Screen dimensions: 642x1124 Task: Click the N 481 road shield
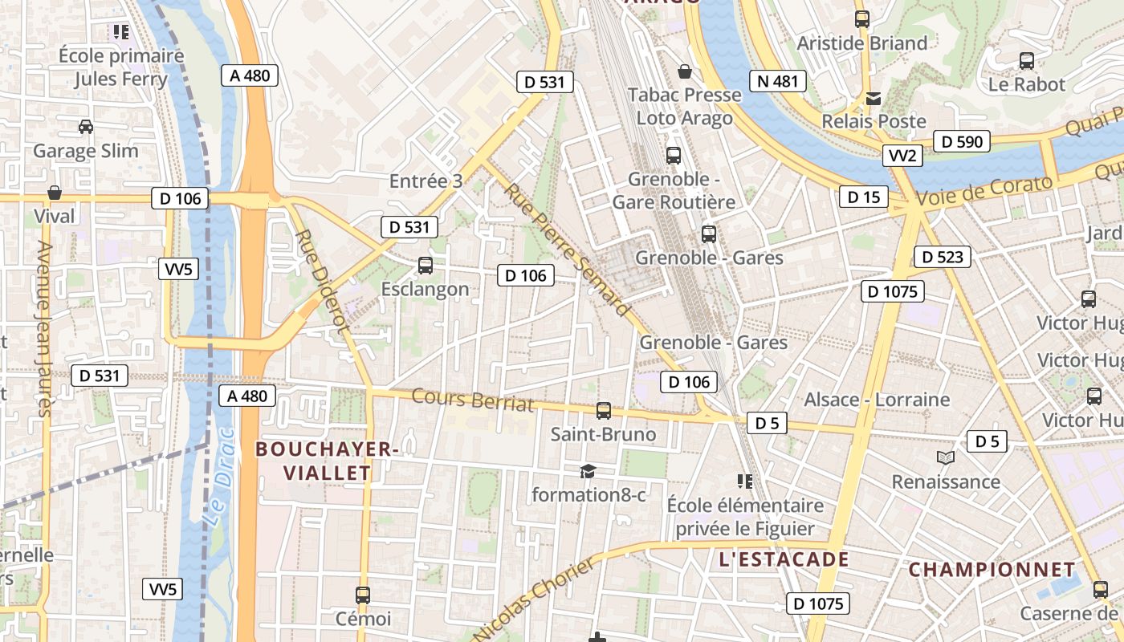tap(778, 80)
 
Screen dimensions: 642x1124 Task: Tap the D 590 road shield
tap(962, 142)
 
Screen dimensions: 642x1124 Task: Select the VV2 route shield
tap(902, 156)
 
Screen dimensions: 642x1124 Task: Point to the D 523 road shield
tap(943, 257)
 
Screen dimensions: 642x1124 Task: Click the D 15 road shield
tap(864, 197)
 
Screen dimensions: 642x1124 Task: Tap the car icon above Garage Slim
tap(85, 127)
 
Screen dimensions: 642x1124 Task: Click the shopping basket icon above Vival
tap(55, 193)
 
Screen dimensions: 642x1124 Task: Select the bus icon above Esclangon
tap(426, 265)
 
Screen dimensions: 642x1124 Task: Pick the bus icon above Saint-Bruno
tap(604, 411)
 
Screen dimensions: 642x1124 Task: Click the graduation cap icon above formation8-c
tap(588, 471)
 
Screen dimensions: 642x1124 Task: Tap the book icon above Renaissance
tap(946, 458)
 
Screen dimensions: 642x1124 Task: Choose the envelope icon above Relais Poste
tap(874, 99)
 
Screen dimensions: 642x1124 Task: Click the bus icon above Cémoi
tap(363, 595)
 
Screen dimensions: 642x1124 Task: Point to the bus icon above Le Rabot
tap(1026, 60)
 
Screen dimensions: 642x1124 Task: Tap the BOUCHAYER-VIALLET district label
tap(328, 461)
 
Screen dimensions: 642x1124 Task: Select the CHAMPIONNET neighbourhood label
tap(992, 570)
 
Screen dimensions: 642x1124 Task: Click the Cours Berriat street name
tap(473, 399)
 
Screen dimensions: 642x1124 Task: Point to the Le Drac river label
tap(218, 490)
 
